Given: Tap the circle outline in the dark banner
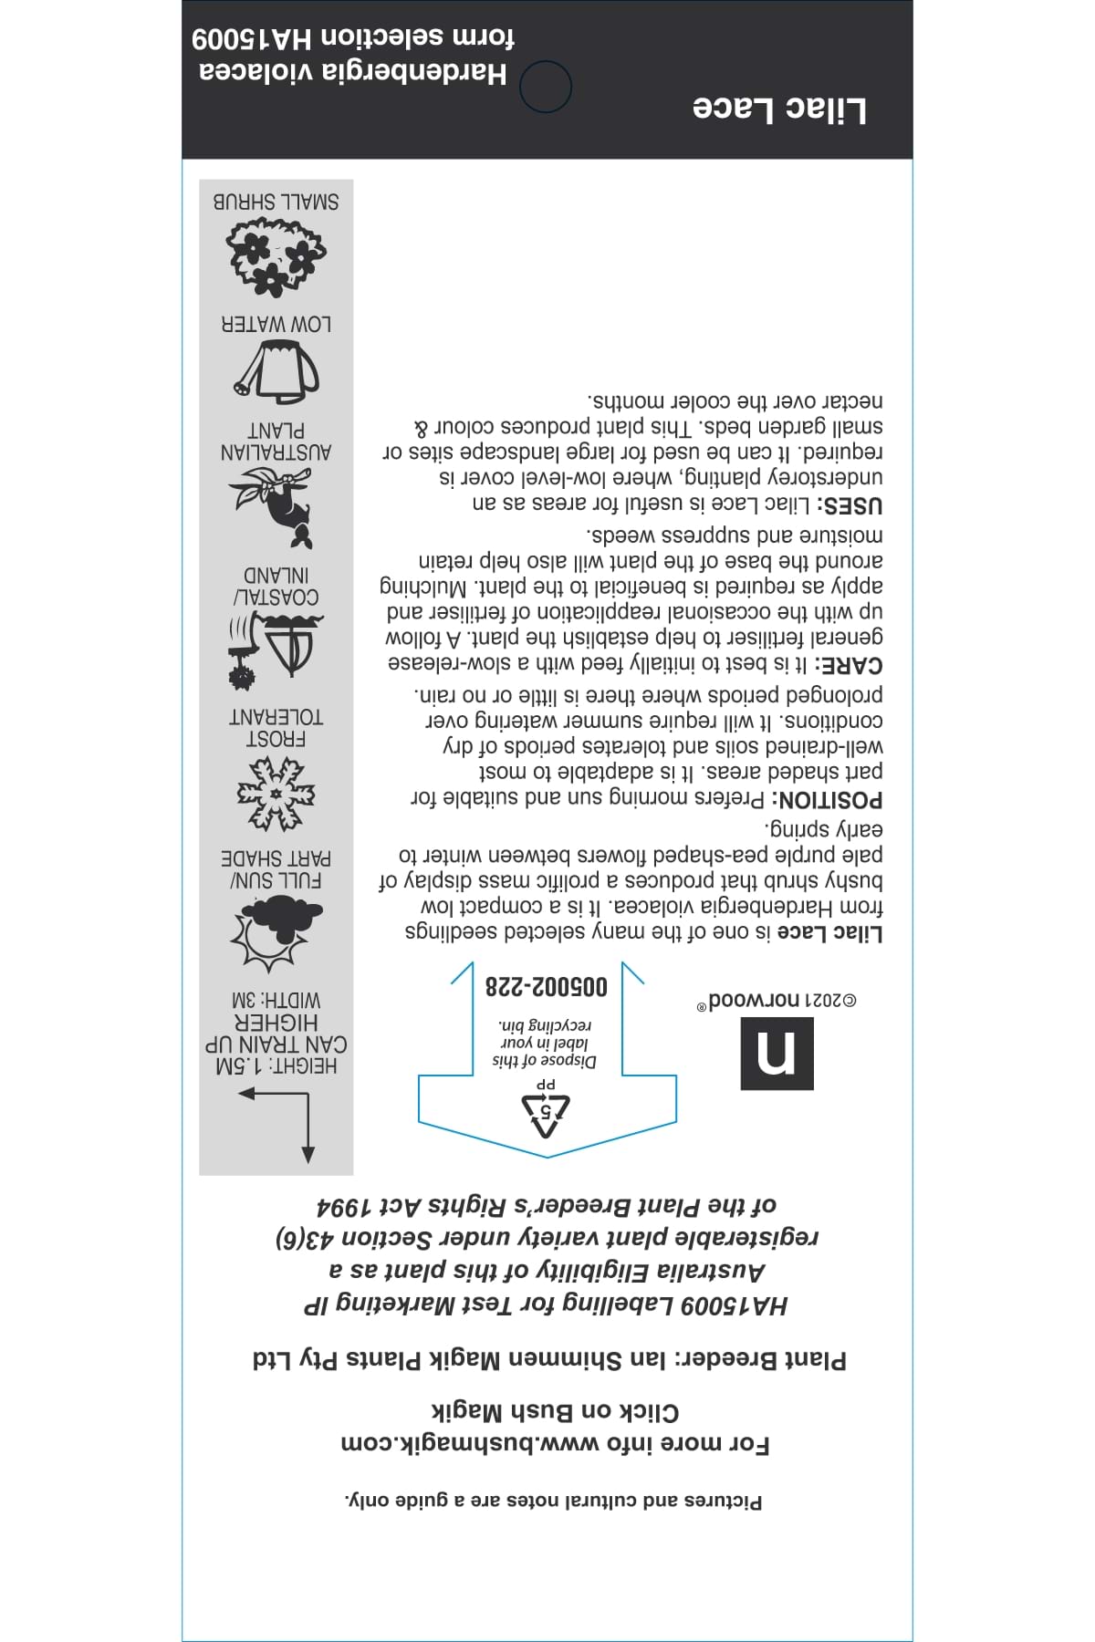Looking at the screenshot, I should click(546, 87).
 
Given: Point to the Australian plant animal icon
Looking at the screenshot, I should click(275, 505).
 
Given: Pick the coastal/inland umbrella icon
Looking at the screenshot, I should click(275, 649).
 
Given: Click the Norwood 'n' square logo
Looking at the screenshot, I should click(777, 1054).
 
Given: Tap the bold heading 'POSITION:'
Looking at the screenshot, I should click(828, 801).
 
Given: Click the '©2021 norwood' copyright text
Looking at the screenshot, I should click(781, 1001).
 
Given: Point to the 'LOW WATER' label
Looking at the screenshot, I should click(276, 324).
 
